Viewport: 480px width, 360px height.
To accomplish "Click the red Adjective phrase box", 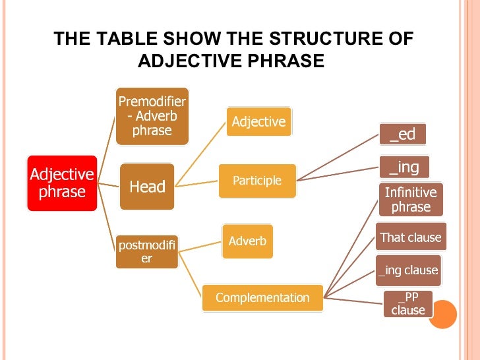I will click(62, 183).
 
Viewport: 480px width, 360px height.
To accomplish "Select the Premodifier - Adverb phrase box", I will click(152, 116).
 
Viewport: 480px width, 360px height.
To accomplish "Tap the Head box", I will click(146, 187).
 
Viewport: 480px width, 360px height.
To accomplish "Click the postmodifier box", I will click(146, 251).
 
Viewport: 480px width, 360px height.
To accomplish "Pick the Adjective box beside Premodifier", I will click(258, 121).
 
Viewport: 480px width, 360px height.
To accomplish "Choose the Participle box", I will click(257, 181).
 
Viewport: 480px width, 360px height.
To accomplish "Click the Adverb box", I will click(247, 241).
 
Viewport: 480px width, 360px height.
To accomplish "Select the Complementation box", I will click(262, 297).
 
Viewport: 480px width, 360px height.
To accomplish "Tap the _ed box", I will click(402, 134).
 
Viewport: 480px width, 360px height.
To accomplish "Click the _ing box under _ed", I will click(404, 167).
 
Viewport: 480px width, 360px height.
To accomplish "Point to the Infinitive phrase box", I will click(411, 199).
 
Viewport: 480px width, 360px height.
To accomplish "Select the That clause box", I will click(411, 237).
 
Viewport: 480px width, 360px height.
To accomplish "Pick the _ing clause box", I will click(407, 270).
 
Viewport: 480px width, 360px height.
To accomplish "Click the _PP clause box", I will click(407, 303).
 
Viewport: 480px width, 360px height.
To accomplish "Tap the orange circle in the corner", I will click(442, 315).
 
